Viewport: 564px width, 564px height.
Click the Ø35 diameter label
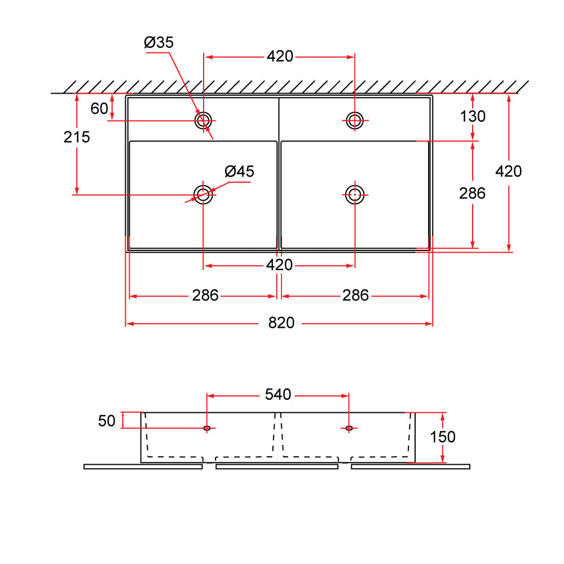(x=158, y=42)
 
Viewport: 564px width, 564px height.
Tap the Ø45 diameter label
(x=239, y=171)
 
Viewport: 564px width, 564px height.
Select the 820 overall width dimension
(x=281, y=323)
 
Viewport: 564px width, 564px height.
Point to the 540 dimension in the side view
(x=278, y=395)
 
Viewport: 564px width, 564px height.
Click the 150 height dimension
(x=443, y=437)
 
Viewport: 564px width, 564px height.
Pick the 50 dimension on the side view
(x=106, y=421)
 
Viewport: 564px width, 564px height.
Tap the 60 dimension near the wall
(x=99, y=108)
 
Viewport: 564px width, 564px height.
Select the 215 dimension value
(x=77, y=136)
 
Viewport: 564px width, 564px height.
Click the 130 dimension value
(x=472, y=116)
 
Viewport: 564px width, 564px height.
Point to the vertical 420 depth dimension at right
(x=509, y=171)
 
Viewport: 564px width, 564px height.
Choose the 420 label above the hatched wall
(x=280, y=56)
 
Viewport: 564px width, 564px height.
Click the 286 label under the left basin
(x=205, y=296)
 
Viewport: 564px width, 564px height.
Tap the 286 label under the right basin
(x=355, y=296)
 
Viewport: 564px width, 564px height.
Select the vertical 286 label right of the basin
(x=472, y=193)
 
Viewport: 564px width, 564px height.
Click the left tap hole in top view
(x=203, y=120)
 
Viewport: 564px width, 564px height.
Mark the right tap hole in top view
(x=355, y=119)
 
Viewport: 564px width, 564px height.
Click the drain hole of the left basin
(x=203, y=194)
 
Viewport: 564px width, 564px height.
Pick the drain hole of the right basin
(x=354, y=195)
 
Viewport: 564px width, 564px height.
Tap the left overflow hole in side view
(x=207, y=429)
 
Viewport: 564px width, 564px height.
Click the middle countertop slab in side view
(x=277, y=466)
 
